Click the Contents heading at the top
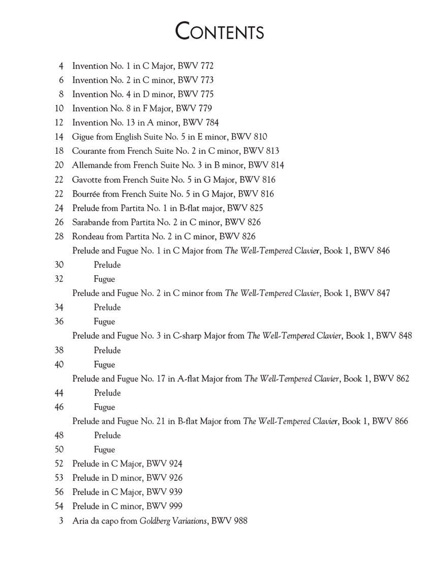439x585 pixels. pyautogui.click(x=219, y=31)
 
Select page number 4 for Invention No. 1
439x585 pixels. pyautogui.click(x=61, y=66)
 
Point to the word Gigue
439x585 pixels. pyautogui.click(x=82, y=137)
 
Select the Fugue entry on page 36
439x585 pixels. pyautogui.click(x=104, y=321)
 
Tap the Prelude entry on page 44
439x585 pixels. pyautogui.click(x=107, y=393)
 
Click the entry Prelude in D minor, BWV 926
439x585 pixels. pyautogui.click(x=128, y=478)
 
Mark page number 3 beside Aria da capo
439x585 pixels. pyautogui.click(x=61, y=521)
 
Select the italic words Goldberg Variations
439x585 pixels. pyautogui.click(x=174, y=521)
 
